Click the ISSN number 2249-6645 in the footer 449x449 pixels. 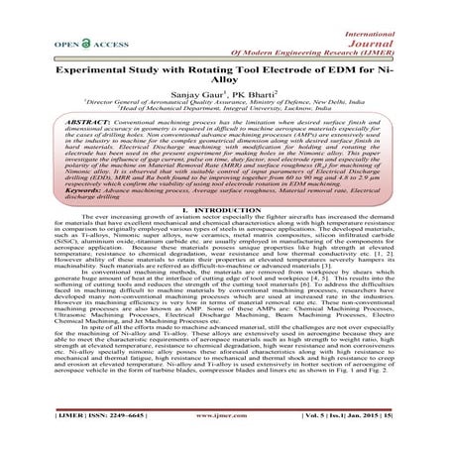(x=91, y=439)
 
